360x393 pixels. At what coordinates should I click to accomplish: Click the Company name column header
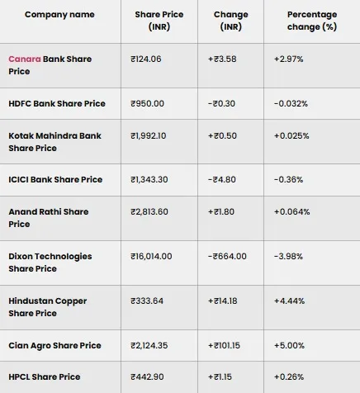point(59,15)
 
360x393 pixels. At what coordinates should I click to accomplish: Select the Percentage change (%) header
point(311,21)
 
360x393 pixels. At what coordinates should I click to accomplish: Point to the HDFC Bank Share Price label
point(57,103)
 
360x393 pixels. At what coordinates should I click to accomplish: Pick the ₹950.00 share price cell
point(148,103)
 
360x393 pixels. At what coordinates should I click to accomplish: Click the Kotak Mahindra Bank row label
point(54,141)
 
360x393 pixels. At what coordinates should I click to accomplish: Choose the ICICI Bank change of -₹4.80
point(225,179)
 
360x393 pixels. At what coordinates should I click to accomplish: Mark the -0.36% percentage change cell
point(288,179)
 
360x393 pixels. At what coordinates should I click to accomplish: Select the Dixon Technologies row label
point(50,262)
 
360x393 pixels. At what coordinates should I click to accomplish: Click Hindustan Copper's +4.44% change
point(290,301)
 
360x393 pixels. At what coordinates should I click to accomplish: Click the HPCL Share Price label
point(45,376)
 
